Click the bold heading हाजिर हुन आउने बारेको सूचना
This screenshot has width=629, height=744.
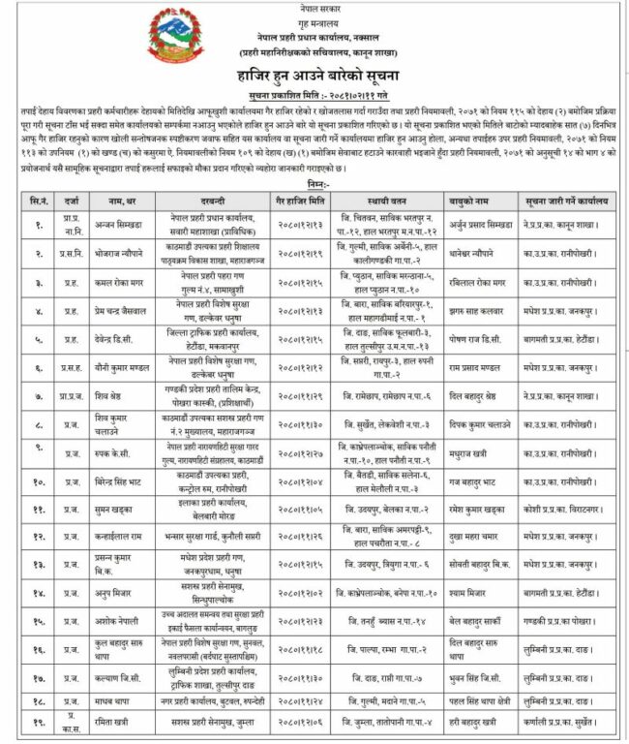[x=314, y=75]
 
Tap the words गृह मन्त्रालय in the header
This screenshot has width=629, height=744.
[x=314, y=18]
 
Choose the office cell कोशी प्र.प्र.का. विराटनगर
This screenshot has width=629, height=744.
[x=570, y=507]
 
